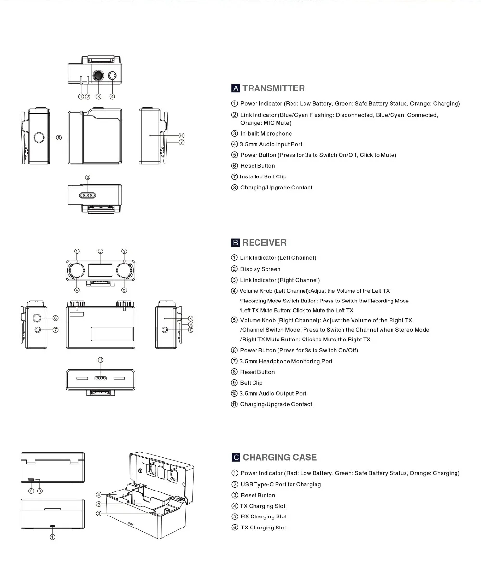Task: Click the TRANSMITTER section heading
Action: point(273,88)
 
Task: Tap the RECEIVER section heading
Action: point(264,243)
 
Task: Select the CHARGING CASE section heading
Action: point(279,457)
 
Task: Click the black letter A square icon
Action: point(236,88)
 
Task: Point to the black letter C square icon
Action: point(236,457)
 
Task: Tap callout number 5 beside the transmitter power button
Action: point(59,138)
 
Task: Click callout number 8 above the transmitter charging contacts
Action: point(88,177)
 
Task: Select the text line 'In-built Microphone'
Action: point(266,134)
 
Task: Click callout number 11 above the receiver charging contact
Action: point(101,360)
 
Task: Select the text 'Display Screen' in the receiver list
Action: point(260,269)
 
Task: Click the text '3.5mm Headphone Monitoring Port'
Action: point(286,361)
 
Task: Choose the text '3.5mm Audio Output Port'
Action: point(273,393)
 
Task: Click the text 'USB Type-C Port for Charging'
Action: point(280,484)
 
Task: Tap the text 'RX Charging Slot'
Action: point(264,516)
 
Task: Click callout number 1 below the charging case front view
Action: point(52,537)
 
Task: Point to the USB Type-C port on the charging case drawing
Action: point(32,480)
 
